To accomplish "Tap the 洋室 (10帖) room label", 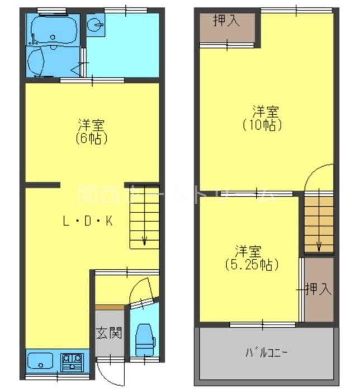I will [x=262, y=118].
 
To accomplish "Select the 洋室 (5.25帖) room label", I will [x=250, y=257].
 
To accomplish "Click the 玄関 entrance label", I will [x=108, y=334].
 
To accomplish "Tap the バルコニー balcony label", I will [x=266, y=354].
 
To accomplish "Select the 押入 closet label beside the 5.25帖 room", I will [x=319, y=289].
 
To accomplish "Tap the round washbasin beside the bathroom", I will [x=97, y=25].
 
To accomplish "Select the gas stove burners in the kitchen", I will [x=72, y=360].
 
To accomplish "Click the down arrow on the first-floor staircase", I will [x=144, y=239].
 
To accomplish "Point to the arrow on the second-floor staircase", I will [x=319, y=245].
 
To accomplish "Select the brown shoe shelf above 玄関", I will [x=109, y=307].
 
